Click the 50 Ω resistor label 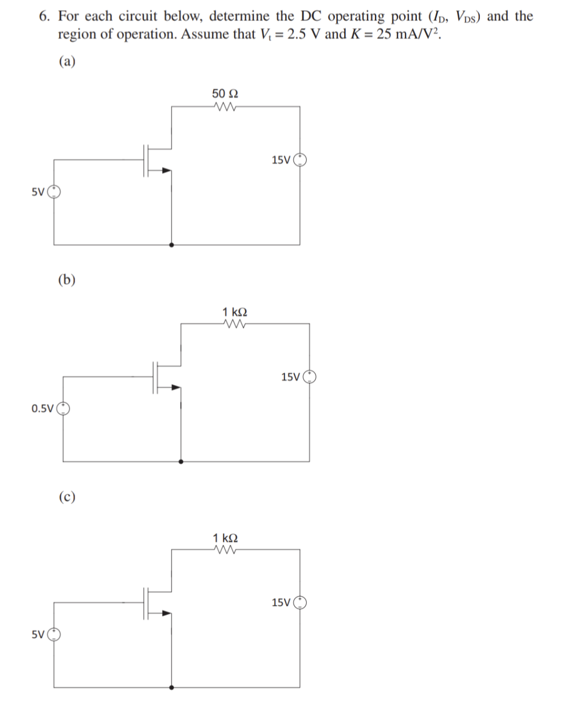(x=225, y=94)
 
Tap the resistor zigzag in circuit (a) (x=225, y=107)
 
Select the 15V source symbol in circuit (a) (x=300, y=159)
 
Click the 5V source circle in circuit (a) (x=54, y=192)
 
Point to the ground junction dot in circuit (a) (x=171, y=245)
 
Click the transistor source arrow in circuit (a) (x=166, y=170)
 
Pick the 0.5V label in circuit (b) (x=42, y=408)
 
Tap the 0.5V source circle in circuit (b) (x=63, y=408)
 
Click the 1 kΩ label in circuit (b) (x=234, y=312)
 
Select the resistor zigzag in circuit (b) (x=234, y=324)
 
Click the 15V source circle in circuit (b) (x=310, y=376)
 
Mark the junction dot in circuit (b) (x=181, y=462)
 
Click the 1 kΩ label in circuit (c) (x=225, y=538)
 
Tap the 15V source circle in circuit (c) (x=300, y=602)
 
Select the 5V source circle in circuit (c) (x=54, y=634)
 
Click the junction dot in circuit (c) (x=171, y=687)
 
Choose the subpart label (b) (x=67, y=280)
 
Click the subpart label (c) (x=67, y=496)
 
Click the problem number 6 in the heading (x=45, y=16)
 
